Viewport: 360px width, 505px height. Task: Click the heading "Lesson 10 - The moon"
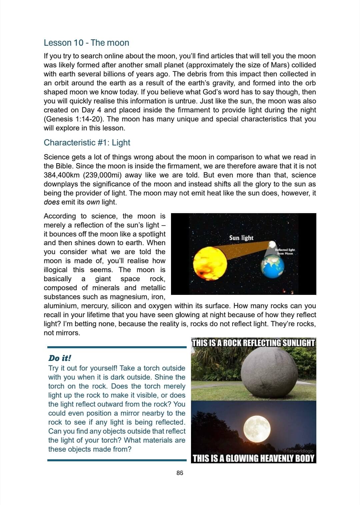(86, 43)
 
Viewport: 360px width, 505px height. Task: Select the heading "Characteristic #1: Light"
(87, 142)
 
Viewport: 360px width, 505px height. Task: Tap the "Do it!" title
(60, 358)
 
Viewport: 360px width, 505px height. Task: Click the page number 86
(180, 473)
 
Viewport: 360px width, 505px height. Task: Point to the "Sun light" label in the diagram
(241, 238)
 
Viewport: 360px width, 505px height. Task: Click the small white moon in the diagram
(272, 244)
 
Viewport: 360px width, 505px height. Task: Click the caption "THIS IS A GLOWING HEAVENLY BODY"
(253, 458)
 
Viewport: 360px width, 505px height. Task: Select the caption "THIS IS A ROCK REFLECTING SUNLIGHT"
(253, 343)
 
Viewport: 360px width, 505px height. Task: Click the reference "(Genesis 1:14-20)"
(74, 119)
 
